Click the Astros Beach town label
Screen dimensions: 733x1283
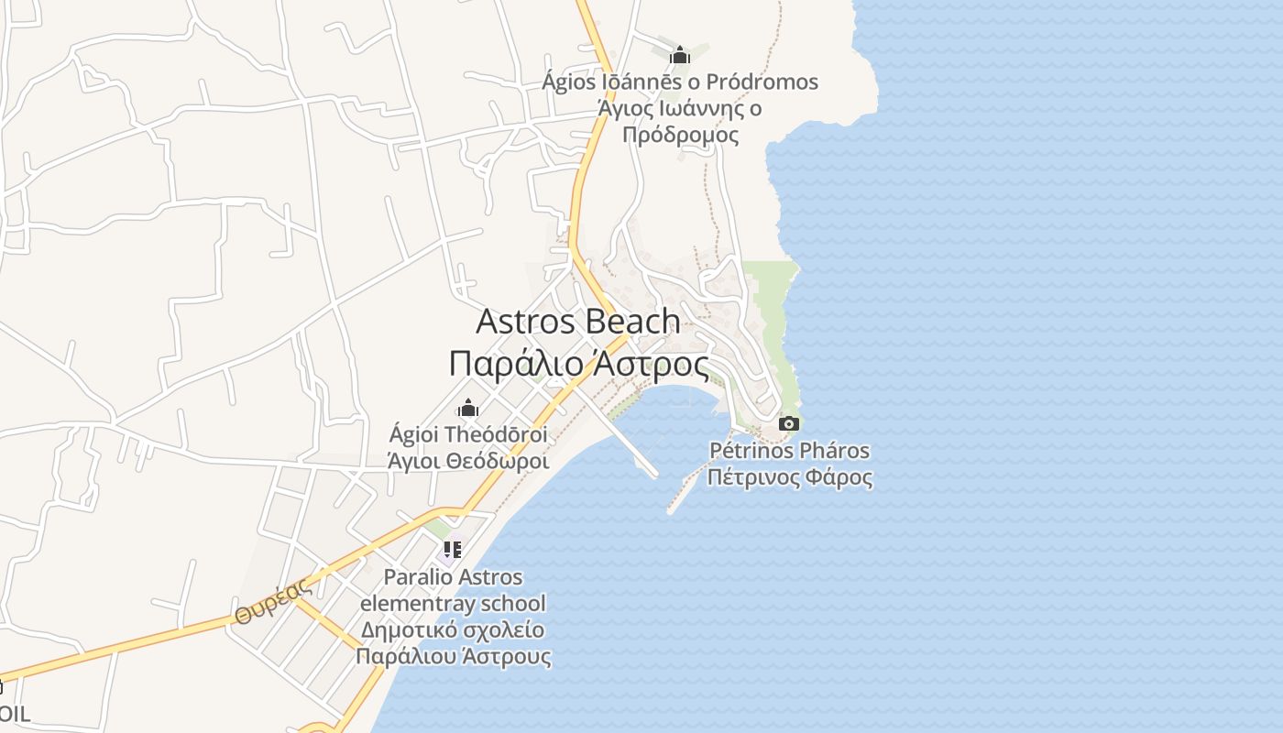pos(578,322)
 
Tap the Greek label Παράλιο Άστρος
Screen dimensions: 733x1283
pos(578,364)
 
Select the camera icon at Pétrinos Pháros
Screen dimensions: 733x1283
pos(788,423)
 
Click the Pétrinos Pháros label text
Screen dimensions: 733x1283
pos(789,451)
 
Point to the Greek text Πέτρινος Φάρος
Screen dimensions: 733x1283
pos(789,477)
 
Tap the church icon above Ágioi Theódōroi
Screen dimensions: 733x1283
pos(468,408)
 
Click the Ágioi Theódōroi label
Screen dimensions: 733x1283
pos(468,434)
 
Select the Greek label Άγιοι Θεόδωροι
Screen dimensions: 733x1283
pos(468,461)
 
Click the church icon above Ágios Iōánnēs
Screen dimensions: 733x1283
pos(679,56)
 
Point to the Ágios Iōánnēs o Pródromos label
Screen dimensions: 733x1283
pos(679,82)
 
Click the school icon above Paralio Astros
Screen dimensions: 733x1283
pos(451,550)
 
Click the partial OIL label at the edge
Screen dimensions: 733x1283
pos(14,714)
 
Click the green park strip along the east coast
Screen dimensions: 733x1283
pos(774,312)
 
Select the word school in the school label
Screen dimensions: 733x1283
pos(513,604)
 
